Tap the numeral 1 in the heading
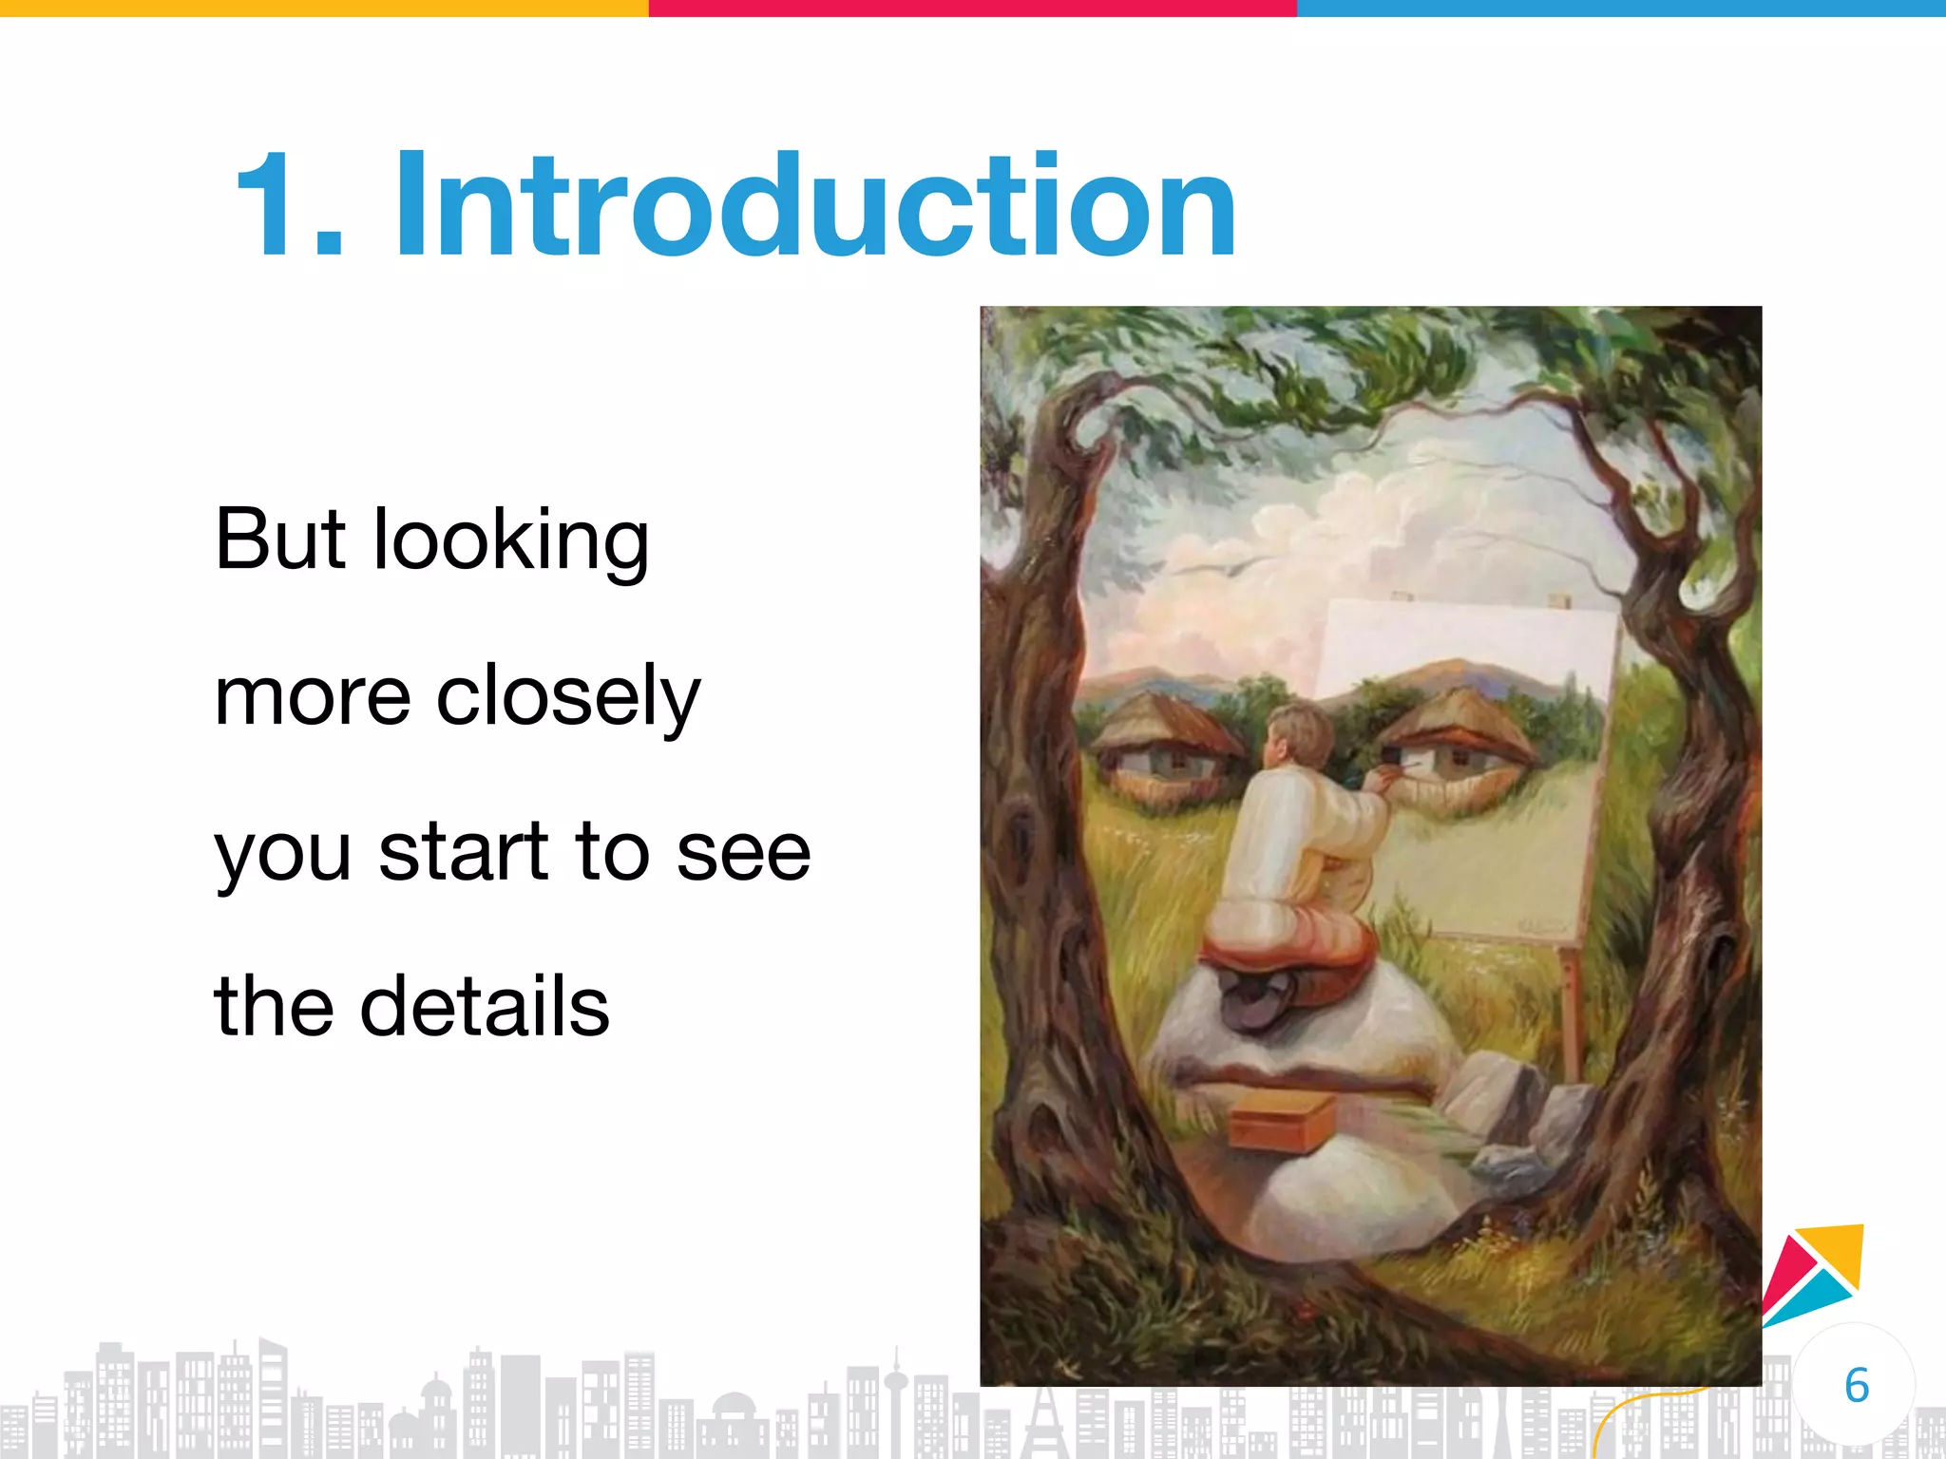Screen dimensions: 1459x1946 (275, 205)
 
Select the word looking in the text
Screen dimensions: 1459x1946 (511, 541)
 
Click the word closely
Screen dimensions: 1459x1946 (567, 697)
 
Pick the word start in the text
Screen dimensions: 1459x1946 (463, 851)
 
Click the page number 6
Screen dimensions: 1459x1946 (1856, 1386)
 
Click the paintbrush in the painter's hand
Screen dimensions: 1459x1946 (1397, 771)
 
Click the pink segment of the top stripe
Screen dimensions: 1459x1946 (972, 8)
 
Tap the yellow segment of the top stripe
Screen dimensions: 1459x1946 (324, 8)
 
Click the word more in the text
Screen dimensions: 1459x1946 (313, 697)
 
